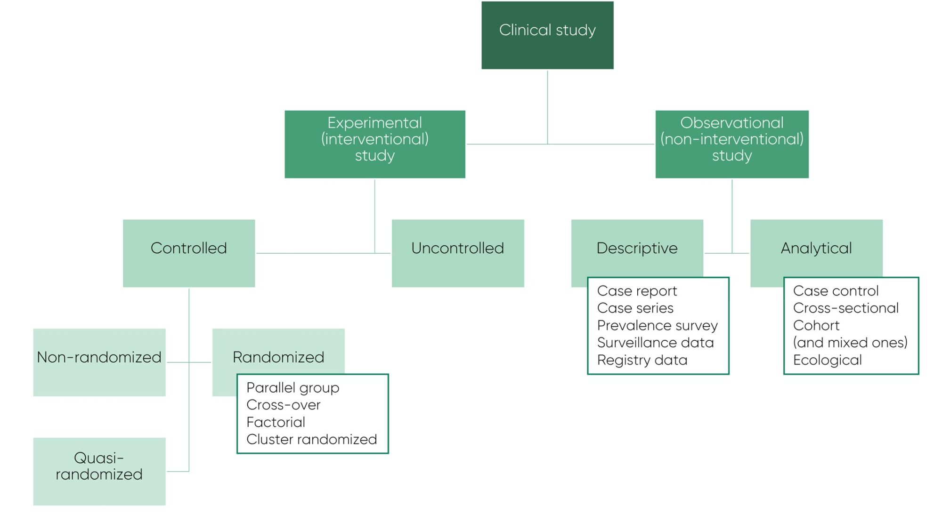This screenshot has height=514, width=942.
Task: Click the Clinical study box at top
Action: [547, 35]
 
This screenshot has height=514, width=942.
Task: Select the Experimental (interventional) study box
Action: [375, 144]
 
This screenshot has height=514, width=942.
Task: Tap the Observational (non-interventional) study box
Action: [732, 144]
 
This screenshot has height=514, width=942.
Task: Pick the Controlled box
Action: [189, 253]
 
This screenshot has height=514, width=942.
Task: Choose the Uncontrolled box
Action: [458, 253]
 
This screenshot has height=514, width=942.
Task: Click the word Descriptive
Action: [637, 248]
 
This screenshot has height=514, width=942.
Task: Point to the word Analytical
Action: [816, 248]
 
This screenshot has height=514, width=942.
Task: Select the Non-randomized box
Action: [99, 361]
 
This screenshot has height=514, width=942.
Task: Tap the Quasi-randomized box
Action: [99, 471]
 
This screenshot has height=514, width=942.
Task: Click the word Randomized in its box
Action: [278, 357]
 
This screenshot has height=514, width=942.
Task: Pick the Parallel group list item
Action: [292, 388]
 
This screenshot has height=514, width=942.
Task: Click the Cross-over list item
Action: [283, 405]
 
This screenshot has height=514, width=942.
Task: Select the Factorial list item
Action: [276, 422]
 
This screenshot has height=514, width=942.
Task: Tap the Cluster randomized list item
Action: [311, 439]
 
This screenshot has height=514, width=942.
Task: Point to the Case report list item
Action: [637, 291]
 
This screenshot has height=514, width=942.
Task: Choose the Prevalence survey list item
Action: [657, 325]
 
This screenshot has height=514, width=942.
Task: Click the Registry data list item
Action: [642, 360]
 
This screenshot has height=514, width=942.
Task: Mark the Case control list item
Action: [836, 291]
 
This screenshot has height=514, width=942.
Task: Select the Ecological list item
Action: [827, 360]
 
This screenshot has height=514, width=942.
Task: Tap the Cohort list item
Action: [816, 325]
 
